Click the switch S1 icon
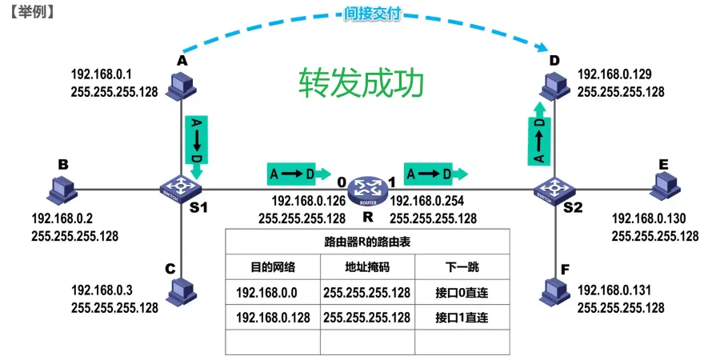click(183, 189)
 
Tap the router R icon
click(369, 190)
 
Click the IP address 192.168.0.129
click(614, 75)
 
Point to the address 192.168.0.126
click(309, 202)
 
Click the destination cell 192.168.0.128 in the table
click(273, 318)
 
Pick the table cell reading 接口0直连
click(462, 292)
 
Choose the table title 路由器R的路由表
click(367, 242)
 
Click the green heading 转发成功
click(360, 82)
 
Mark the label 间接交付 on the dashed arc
click(371, 14)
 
